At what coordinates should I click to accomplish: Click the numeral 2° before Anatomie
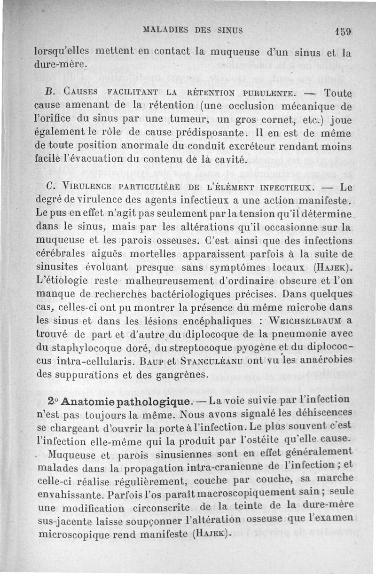(x=53, y=402)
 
